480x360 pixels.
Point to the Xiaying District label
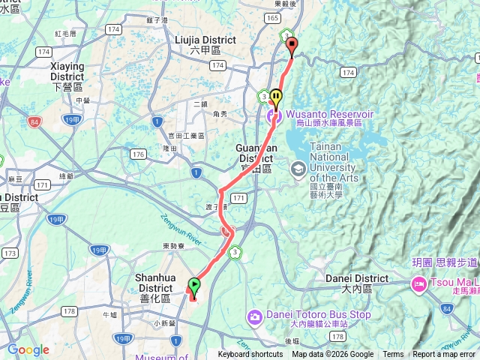click(x=66, y=71)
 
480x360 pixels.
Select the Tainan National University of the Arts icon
click(x=299, y=169)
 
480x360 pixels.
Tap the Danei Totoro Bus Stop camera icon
click(x=255, y=315)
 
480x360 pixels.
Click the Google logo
click(x=28, y=349)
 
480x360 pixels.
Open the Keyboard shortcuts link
click(x=250, y=355)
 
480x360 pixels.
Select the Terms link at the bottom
click(x=393, y=355)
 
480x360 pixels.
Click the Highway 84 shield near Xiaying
click(x=34, y=120)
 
